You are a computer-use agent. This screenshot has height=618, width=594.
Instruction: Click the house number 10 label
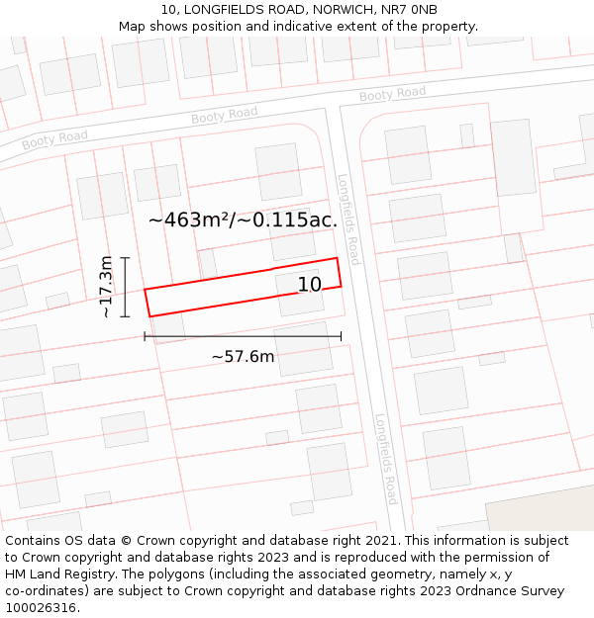click(310, 285)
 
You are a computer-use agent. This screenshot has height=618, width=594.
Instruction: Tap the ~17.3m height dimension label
click(106, 287)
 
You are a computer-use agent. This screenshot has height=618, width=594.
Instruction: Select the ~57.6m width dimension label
click(243, 357)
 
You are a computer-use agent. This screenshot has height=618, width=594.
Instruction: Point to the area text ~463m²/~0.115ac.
click(243, 220)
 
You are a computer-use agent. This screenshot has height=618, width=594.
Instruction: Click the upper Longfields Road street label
click(348, 220)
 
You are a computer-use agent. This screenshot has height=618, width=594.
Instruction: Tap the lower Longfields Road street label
click(386, 459)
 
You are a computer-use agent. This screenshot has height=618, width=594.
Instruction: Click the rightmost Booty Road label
click(392, 94)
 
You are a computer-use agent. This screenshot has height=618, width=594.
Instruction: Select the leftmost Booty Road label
click(54, 138)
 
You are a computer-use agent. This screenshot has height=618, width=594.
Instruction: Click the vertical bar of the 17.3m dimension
click(126, 287)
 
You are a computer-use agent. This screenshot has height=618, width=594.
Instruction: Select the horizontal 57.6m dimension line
click(243, 336)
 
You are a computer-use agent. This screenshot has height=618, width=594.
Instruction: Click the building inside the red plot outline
click(299, 293)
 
